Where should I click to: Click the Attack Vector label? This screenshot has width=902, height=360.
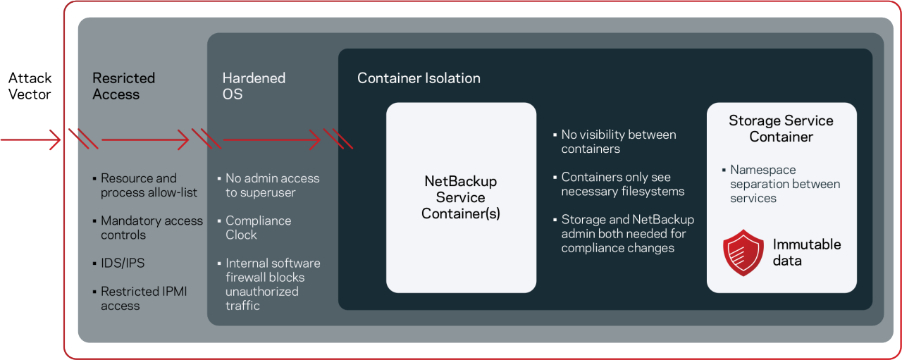(x=30, y=86)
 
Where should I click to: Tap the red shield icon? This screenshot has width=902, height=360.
(x=743, y=252)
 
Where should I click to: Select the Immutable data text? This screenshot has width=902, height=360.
(x=806, y=252)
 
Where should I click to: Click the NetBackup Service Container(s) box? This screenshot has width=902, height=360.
(x=461, y=197)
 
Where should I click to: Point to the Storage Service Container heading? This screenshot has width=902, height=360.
(x=781, y=128)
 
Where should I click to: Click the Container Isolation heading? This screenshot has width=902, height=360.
(x=419, y=78)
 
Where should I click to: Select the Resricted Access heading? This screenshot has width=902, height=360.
(x=124, y=86)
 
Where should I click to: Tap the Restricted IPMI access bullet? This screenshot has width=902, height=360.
(x=143, y=298)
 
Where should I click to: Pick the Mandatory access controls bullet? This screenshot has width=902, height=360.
(x=151, y=228)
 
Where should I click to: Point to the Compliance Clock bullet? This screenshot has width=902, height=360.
(x=258, y=228)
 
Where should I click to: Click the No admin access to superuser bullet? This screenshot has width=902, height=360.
(x=272, y=185)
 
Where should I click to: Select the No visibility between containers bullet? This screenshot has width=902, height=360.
(x=618, y=142)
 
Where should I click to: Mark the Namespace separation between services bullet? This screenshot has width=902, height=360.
(x=784, y=184)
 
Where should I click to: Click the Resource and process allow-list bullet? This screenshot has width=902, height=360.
(x=148, y=185)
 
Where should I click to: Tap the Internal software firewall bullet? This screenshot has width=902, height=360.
(x=272, y=284)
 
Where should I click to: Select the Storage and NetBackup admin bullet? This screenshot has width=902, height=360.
(x=627, y=234)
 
